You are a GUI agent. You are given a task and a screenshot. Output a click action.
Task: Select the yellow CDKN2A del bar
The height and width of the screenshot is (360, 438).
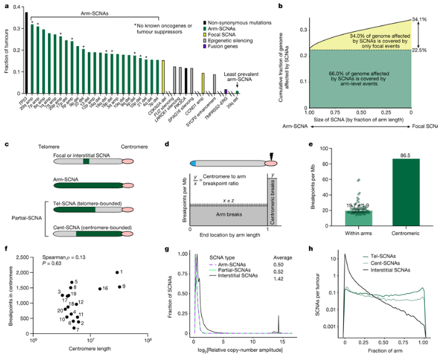(163, 77)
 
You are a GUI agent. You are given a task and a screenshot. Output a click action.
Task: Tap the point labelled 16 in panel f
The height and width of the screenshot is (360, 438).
(100, 289)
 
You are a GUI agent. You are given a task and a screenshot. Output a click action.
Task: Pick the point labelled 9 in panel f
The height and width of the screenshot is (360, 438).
(120, 287)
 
